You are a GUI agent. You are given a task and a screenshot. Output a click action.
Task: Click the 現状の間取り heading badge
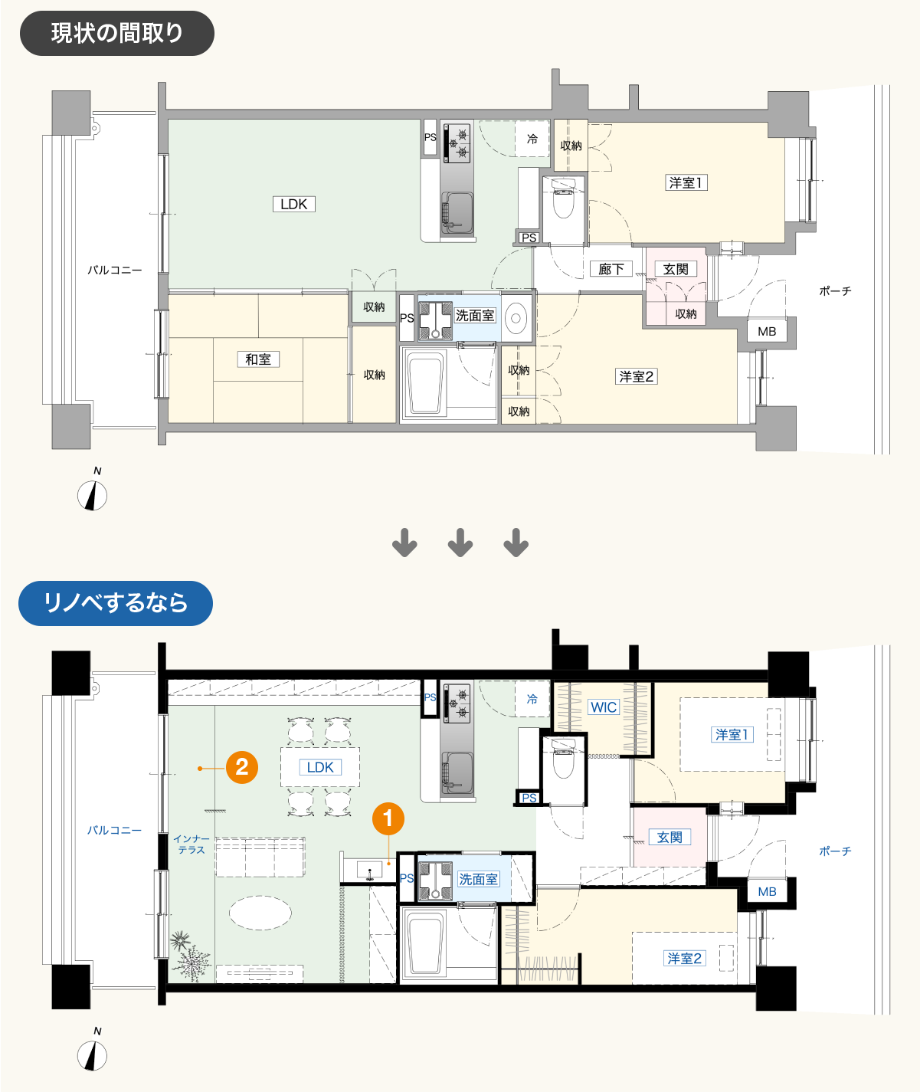[116, 34]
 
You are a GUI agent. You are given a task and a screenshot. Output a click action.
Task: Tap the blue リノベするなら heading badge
[116, 603]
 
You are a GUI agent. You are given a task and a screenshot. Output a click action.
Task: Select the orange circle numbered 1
[388, 818]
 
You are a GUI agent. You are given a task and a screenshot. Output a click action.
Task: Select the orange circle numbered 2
[242, 767]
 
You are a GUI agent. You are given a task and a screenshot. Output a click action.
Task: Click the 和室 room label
[258, 359]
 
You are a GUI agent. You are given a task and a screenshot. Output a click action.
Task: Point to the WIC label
[604, 707]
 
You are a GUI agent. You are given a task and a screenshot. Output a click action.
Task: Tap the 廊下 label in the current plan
[611, 269]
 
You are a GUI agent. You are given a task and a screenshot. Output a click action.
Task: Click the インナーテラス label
[192, 844]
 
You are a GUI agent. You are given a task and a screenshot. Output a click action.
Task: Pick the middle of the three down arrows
[460, 543]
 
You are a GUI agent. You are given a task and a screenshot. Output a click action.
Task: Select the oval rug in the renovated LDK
[260, 913]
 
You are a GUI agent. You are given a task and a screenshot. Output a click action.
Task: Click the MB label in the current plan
[767, 331]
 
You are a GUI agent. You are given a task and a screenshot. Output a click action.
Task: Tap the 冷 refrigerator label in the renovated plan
[532, 699]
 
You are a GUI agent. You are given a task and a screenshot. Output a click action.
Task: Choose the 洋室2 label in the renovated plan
[684, 958]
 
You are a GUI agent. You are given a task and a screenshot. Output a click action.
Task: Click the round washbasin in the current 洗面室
[516, 317]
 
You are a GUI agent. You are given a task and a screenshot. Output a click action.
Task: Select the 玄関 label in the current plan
[676, 269]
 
